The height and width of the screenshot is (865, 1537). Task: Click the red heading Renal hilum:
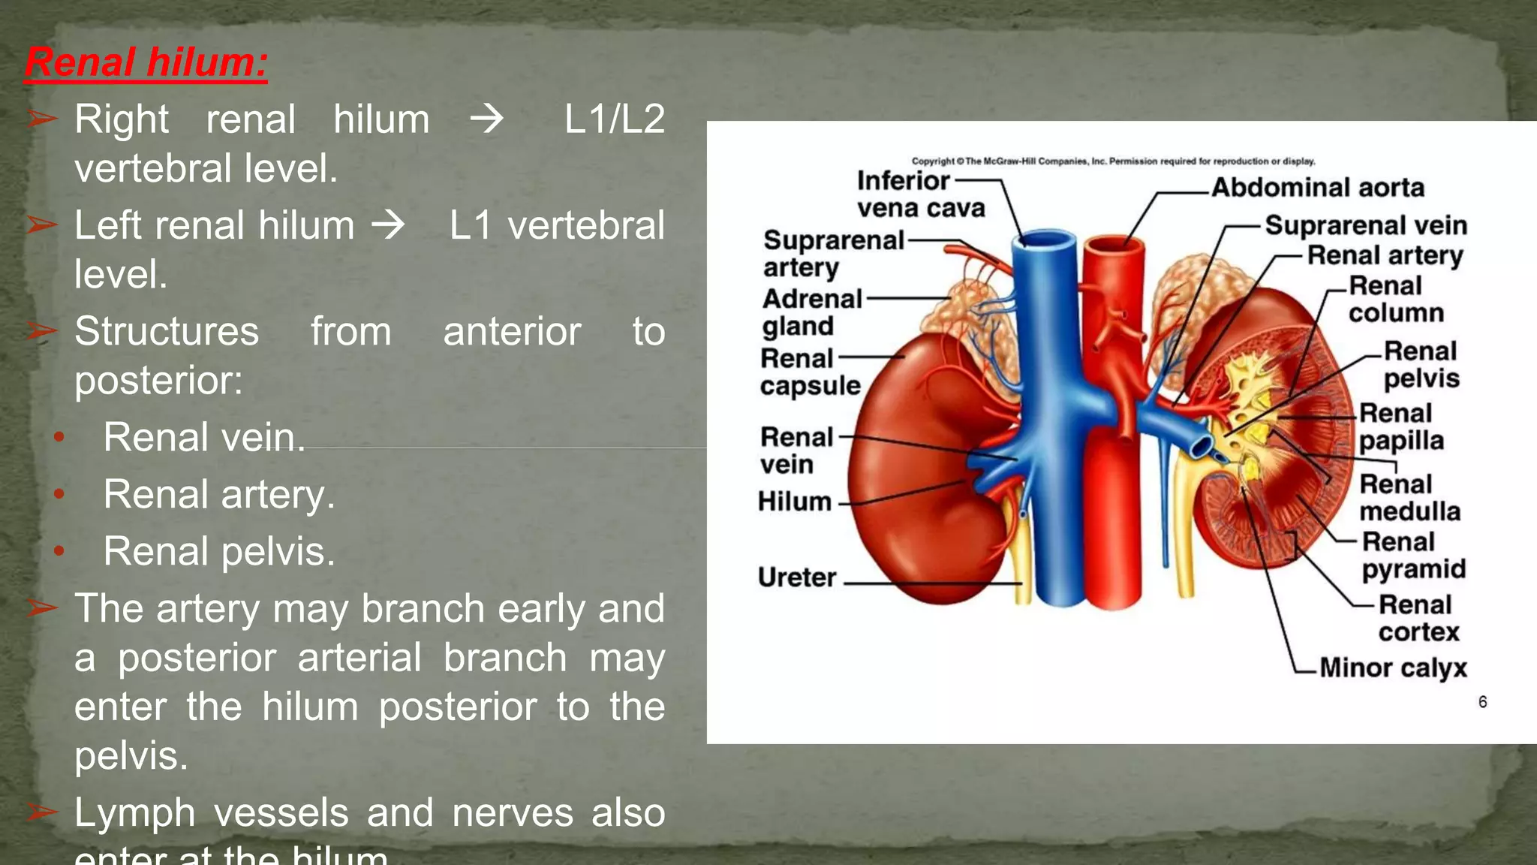click(x=146, y=62)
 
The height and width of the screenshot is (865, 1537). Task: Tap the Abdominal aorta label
click(x=1317, y=187)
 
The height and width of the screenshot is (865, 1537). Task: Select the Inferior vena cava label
click(x=919, y=194)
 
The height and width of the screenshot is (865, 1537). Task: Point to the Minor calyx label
click(x=1393, y=668)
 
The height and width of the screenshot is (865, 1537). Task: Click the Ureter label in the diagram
click(x=796, y=577)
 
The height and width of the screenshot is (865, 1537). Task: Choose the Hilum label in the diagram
click(x=794, y=501)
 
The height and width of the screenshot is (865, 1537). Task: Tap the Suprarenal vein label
click(x=1365, y=225)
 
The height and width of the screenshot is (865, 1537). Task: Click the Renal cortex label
click(x=1417, y=618)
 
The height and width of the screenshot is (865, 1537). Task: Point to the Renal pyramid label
click(x=1412, y=555)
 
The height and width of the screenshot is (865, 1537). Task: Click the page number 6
click(x=1482, y=701)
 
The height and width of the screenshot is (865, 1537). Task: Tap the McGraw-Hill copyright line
click(x=1112, y=161)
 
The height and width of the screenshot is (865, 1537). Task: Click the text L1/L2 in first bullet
click(x=614, y=119)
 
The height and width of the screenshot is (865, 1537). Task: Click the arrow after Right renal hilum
click(x=486, y=119)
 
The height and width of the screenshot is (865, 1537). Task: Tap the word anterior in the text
click(x=512, y=332)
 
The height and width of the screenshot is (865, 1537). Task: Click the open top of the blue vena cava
click(x=1044, y=241)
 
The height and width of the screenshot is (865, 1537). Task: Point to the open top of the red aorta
click(x=1114, y=246)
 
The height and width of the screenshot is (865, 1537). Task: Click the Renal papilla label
click(x=1400, y=426)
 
